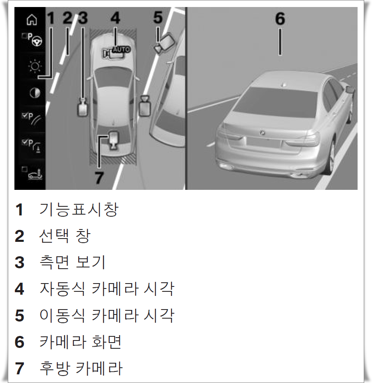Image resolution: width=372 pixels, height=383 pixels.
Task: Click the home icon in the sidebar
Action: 32,19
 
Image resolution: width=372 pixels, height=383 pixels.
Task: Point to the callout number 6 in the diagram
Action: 280,19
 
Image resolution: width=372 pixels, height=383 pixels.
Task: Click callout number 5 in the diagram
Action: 158,18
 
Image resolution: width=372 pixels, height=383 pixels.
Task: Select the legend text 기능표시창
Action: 79,210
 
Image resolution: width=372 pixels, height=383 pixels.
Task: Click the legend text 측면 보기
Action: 73,262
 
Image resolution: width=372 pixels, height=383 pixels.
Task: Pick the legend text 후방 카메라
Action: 81,368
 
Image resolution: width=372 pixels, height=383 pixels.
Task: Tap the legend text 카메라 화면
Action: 80,342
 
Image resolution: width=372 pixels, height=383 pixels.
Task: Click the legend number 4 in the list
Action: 19,289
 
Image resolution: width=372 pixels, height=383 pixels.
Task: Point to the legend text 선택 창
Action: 64,236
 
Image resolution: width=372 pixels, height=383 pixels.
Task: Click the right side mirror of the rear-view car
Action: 350,89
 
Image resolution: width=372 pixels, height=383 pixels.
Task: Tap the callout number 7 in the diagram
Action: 99,178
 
